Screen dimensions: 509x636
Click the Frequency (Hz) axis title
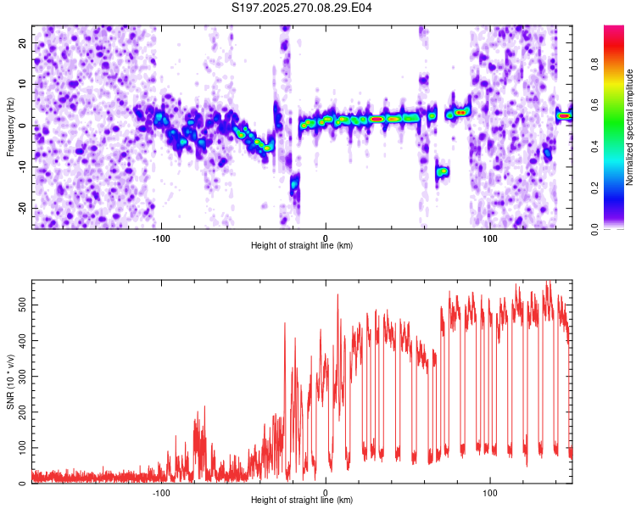(x=10, y=126)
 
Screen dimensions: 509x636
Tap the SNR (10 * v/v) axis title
(x=10, y=383)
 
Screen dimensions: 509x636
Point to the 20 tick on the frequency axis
(x=23, y=42)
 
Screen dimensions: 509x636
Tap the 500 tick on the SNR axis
(x=20, y=302)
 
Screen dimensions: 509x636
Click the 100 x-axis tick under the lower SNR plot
(x=490, y=493)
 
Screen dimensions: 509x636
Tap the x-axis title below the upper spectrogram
(x=302, y=246)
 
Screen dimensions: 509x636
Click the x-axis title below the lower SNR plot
(x=302, y=501)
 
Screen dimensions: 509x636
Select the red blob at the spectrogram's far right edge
(x=564, y=115)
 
